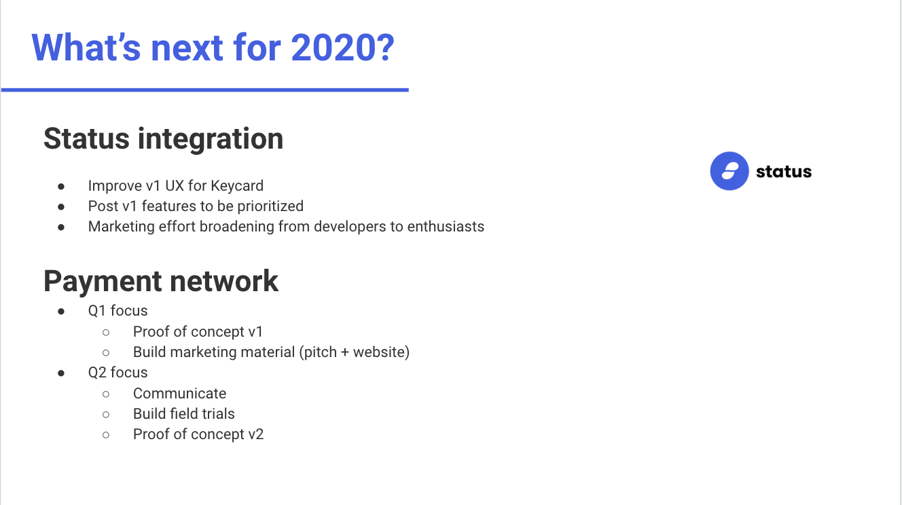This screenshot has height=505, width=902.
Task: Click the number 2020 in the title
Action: (342, 48)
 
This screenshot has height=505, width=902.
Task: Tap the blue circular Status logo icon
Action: (729, 171)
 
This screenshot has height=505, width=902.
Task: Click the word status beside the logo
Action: (784, 172)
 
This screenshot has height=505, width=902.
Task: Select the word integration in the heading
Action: (211, 139)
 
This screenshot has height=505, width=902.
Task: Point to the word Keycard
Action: (237, 186)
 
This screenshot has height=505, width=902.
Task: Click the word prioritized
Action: (270, 206)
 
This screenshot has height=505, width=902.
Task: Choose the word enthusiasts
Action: (446, 227)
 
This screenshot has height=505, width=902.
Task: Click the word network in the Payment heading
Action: (224, 281)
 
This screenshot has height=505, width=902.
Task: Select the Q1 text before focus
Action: (97, 311)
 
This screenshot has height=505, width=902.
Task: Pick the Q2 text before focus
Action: (97, 373)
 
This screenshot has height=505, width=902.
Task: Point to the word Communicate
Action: (179, 394)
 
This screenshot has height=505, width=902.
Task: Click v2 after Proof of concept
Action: (255, 434)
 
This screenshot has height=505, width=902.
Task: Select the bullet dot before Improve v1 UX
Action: (61, 186)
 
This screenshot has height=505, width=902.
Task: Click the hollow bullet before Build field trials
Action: (106, 415)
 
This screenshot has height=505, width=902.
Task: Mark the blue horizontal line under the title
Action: (205, 90)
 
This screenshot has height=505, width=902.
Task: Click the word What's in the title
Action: (86, 48)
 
